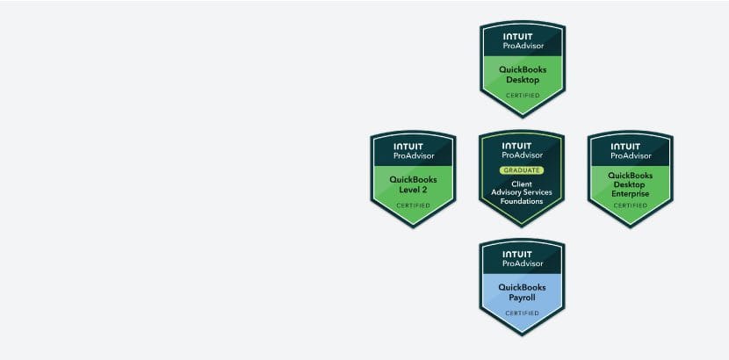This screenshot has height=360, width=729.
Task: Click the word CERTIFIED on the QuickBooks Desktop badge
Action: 523,95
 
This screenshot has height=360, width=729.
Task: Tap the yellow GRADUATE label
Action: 522,170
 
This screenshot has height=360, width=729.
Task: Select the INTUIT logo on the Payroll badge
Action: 517,255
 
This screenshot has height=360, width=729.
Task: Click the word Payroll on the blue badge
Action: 522,298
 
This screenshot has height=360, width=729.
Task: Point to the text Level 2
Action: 414,190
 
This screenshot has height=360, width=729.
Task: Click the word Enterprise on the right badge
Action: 631,194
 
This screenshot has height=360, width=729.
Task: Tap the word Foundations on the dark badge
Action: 522,201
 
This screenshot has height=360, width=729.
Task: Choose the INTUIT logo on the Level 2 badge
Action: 408,147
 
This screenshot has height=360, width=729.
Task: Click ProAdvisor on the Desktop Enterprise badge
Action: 631,156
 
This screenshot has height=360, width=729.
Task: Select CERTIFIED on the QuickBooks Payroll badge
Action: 522,313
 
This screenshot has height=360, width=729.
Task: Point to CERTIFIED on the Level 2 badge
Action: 414,205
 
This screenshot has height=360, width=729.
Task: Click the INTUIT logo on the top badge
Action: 518,37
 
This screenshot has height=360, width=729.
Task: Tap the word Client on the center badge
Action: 522,184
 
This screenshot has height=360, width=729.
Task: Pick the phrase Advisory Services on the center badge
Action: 522,192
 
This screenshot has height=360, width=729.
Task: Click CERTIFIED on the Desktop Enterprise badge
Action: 631,205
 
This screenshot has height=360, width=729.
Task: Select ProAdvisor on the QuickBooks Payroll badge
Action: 523,263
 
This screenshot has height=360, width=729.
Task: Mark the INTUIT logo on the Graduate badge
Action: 517,147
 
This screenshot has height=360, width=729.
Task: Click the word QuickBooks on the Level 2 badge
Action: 414,180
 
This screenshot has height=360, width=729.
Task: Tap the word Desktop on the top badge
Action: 523,80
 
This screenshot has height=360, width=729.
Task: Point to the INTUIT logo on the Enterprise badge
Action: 625,147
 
